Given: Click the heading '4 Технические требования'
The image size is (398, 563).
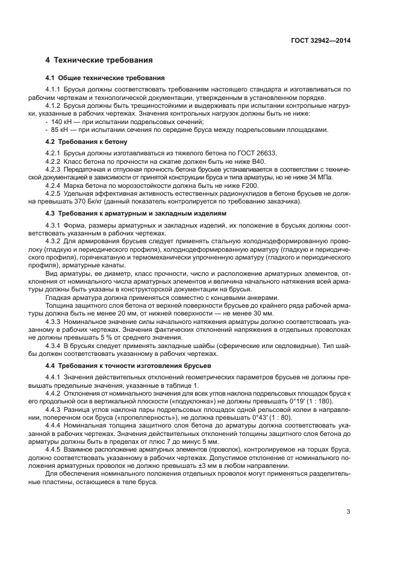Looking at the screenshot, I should point(99,60).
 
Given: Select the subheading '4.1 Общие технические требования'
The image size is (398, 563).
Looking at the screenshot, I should point(105,78).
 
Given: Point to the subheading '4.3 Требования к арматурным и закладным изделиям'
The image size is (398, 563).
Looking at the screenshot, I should point(136,213).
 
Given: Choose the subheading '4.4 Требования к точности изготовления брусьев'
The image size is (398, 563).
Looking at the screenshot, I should point(128,365).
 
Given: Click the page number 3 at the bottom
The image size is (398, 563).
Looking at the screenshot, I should point(349,512).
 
